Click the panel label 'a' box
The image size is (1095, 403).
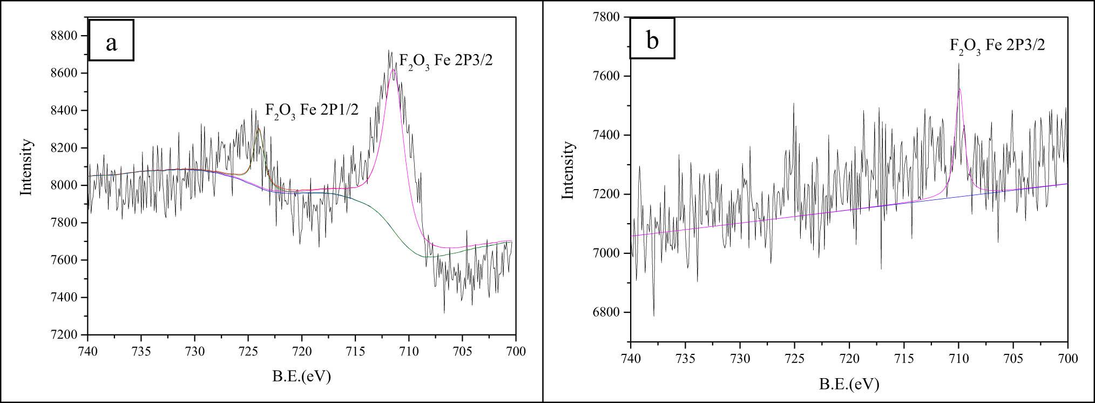click(111, 41)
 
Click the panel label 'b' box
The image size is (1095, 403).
click(652, 38)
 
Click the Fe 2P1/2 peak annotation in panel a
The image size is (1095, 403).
click(312, 112)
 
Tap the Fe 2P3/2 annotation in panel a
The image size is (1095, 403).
click(446, 61)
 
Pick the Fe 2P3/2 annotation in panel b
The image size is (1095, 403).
click(997, 46)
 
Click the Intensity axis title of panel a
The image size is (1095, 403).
click(26, 167)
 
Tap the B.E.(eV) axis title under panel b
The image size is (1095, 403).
click(849, 384)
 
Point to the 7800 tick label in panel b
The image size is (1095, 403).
click(609, 17)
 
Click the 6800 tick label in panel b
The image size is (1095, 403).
click(609, 312)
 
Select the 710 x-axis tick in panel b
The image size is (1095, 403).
click(958, 359)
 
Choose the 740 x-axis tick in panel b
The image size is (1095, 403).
click(630, 359)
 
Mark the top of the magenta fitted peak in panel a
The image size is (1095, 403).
click(393, 69)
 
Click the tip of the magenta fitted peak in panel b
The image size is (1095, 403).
click(959, 89)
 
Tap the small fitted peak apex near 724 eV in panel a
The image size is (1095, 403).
click(259, 129)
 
